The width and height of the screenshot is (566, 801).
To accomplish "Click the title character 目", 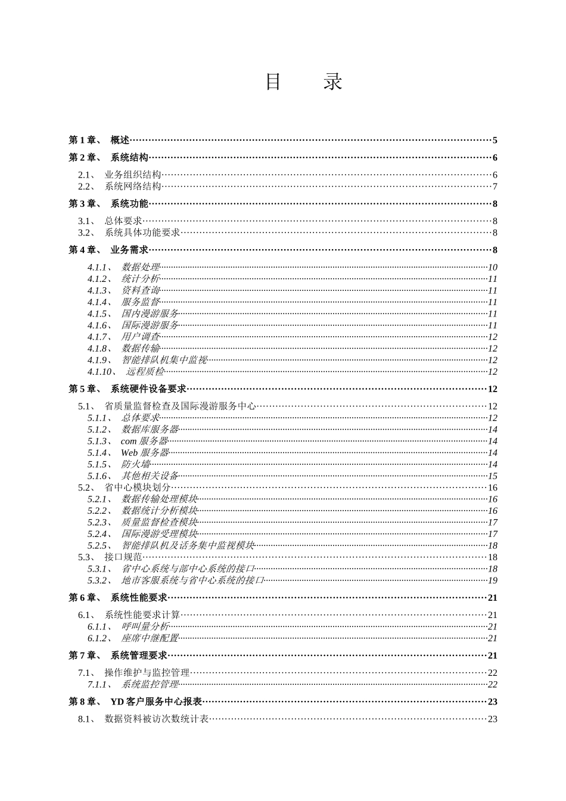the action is [x=273, y=82].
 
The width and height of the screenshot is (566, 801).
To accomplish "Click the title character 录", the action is [x=333, y=82].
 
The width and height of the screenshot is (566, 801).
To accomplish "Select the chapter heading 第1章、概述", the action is [x=99, y=141].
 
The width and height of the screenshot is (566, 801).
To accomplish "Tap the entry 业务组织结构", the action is [x=133, y=175].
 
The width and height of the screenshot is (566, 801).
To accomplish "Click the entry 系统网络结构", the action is [x=133, y=187].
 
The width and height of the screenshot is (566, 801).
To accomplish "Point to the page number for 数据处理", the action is [x=492, y=268].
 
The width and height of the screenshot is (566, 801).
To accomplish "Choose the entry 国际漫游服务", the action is [x=150, y=325].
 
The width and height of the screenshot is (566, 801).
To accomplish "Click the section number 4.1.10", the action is [x=99, y=372].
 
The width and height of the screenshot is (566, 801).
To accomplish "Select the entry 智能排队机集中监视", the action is [x=164, y=361].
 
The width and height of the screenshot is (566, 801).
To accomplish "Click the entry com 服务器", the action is [x=144, y=442].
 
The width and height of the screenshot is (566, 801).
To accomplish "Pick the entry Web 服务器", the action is [x=145, y=453].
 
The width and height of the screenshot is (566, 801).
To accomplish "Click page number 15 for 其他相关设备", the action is [x=493, y=476].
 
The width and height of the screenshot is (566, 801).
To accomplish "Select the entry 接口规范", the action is [x=123, y=557].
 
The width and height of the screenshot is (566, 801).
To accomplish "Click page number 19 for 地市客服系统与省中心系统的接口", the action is [x=493, y=580].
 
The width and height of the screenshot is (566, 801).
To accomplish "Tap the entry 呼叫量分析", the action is [x=145, y=627].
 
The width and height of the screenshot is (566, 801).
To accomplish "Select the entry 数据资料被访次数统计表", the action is [x=157, y=719].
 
